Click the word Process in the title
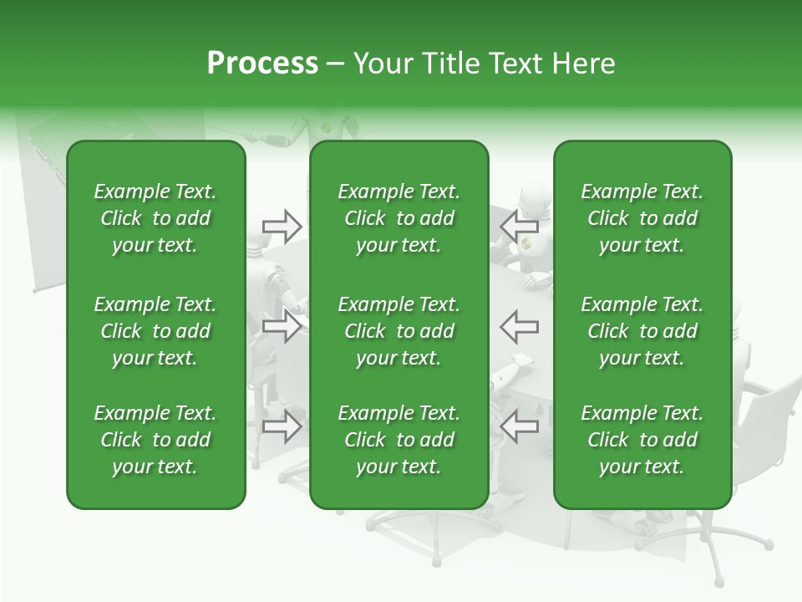click(261, 64)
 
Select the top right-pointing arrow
click(282, 225)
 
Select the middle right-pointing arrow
click(282, 326)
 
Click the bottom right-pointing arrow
click(282, 426)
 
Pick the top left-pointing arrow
click(520, 225)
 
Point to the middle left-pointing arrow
click(520, 326)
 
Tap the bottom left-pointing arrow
click(520, 426)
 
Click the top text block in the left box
click(155, 218)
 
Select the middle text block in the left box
click(155, 331)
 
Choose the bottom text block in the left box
click(155, 440)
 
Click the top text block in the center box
click(398, 218)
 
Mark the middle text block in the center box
click(398, 331)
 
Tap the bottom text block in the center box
click(398, 440)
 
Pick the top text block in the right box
click(642, 218)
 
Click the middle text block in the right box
click(642, 331)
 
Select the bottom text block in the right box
click(642, 440)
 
